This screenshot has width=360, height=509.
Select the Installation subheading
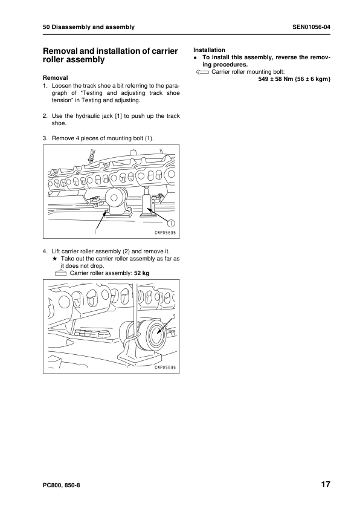(209, 50)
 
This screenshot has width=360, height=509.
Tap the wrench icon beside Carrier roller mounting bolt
(202, 72)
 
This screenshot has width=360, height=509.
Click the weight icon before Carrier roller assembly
(60, 273)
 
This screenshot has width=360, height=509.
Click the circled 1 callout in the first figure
(171, 222)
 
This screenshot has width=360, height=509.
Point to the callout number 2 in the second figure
(174, 316)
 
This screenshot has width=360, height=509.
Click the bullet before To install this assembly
(195, 57)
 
